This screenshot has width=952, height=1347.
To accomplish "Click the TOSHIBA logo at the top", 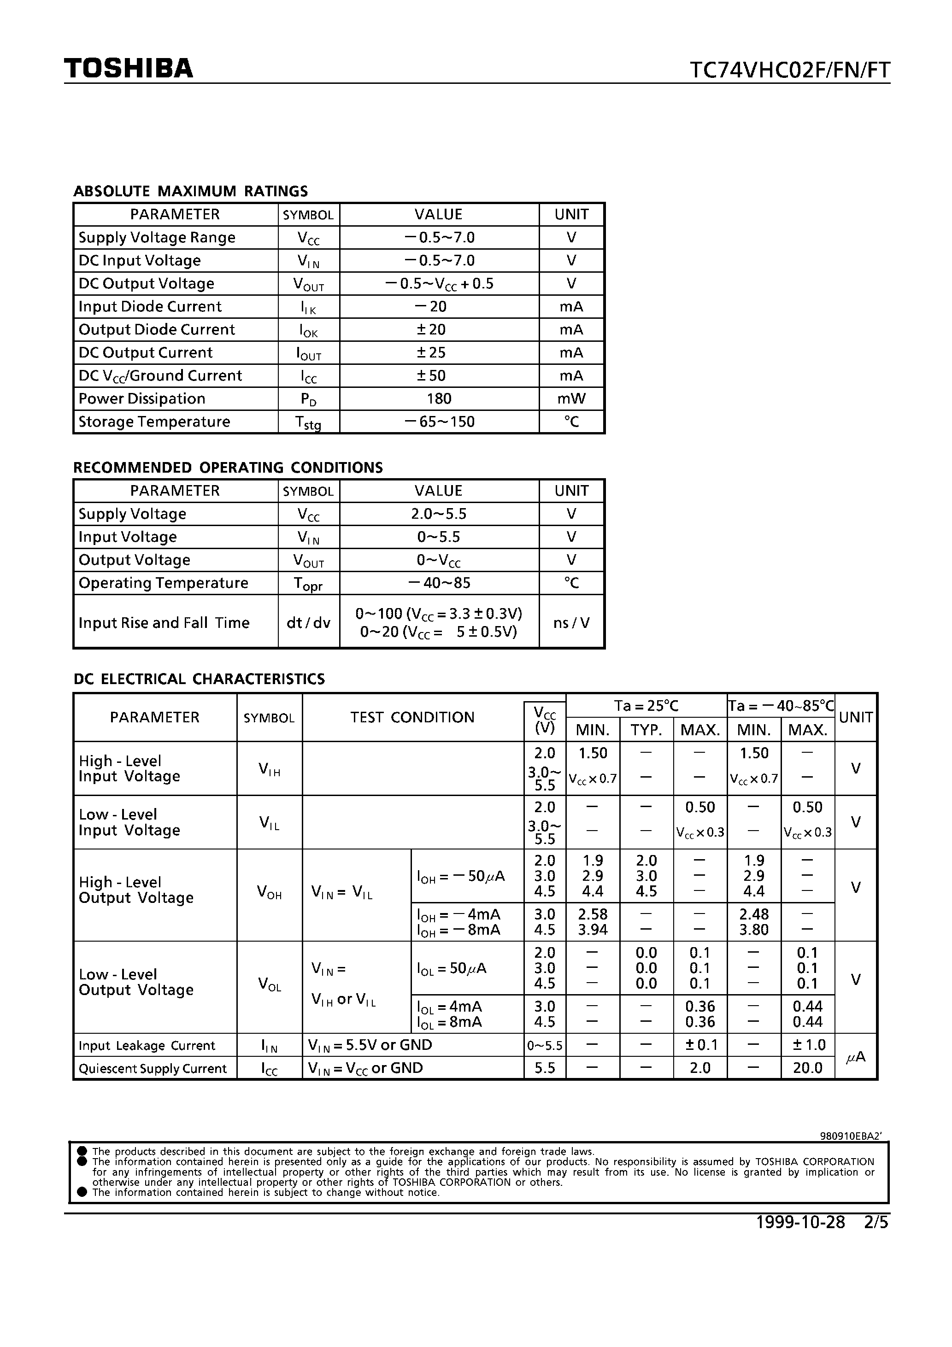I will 129,69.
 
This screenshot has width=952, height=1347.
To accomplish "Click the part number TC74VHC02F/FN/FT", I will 789,70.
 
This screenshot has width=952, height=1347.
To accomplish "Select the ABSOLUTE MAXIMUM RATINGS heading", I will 190,191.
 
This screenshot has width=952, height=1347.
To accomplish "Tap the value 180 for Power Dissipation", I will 438,399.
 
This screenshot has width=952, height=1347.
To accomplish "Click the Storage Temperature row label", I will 154,422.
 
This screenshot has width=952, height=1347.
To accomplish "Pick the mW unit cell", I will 571,399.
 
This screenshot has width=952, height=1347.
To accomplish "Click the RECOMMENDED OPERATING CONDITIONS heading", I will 228,468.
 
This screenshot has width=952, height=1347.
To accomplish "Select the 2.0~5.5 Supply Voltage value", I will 438,514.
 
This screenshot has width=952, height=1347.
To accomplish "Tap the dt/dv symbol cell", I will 308,622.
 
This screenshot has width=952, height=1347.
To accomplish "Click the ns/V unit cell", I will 571,622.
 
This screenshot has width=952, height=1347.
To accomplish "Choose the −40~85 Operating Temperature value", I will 438,583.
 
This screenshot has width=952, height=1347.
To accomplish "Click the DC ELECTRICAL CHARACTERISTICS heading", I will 199,679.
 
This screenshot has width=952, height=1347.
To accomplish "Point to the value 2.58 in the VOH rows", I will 592,914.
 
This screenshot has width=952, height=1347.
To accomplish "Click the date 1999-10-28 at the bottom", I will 800,1222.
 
